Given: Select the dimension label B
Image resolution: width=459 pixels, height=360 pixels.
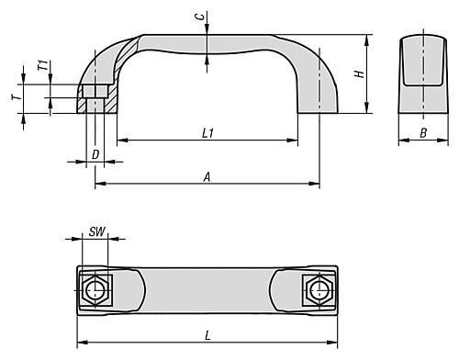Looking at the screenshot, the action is pos(423,133).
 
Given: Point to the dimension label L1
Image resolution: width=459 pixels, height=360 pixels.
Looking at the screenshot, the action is pos(207,133).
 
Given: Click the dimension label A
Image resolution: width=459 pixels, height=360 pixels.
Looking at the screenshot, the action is pos(207,177).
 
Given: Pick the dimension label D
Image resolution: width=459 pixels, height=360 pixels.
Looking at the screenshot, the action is pos(95,154).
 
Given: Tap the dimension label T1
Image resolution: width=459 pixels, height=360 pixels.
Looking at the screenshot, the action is pos(43,65).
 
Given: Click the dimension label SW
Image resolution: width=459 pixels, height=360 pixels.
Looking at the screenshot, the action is pos(97,231).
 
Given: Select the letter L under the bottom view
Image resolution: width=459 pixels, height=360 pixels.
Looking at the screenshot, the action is pos(207,336).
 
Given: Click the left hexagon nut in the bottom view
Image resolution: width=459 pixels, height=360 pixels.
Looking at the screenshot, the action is pos(95,290).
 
